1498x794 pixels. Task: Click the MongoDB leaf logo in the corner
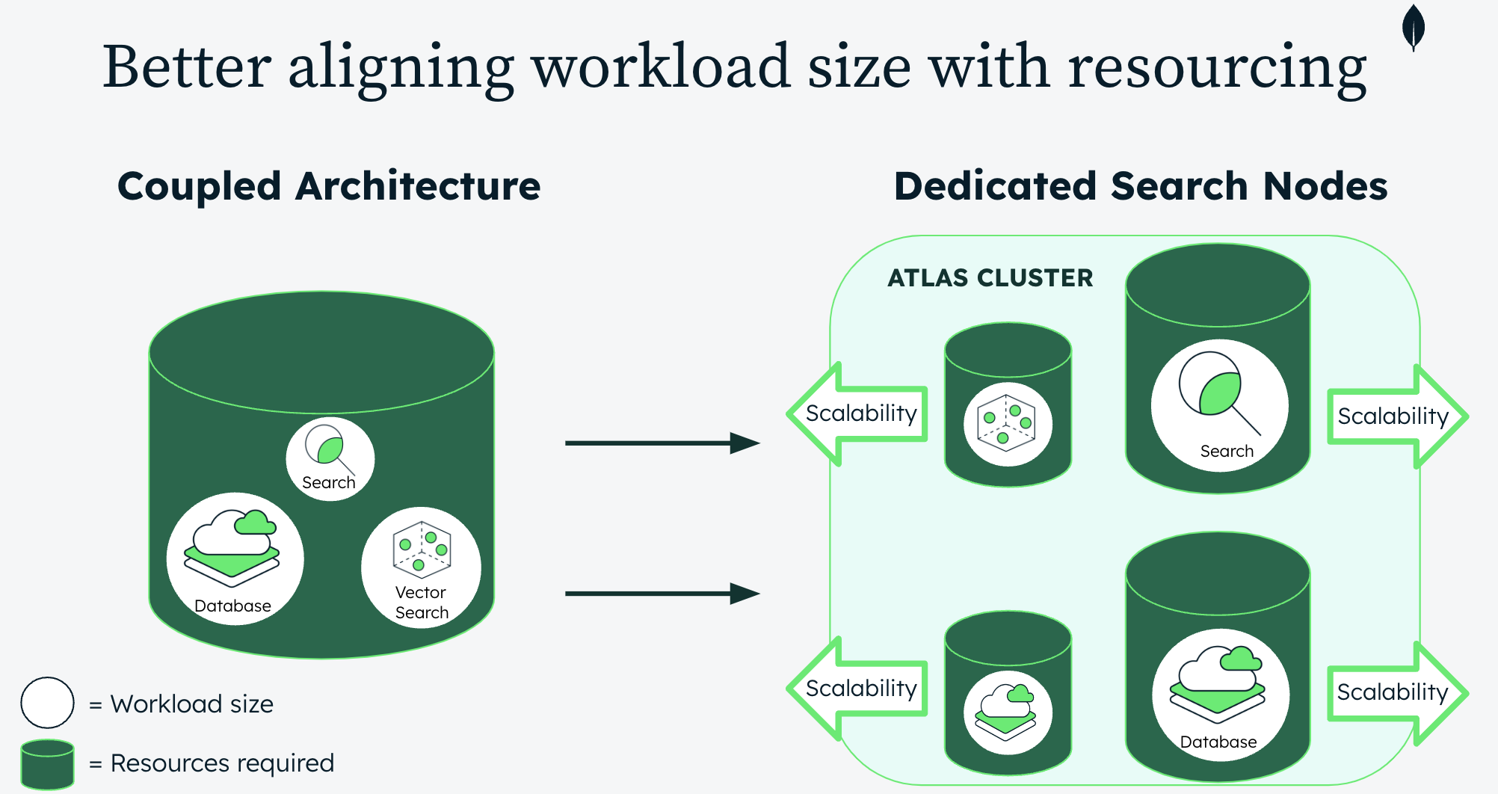[x=1413, y=27]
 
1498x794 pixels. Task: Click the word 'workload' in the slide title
[x=662, y=67]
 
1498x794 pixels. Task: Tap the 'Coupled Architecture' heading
[x=329, y=186]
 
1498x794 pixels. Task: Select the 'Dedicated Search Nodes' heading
[x=1141, y=186]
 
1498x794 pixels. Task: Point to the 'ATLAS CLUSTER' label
[x=990, y=278]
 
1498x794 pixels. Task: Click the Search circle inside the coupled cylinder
[x=330, y=458]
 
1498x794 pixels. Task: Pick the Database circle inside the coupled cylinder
[x=235, y=558]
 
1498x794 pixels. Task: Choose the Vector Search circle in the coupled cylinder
[x=421, y=567]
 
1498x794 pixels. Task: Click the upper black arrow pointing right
[x=662, y=443]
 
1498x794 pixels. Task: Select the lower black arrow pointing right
[x=662, y=594]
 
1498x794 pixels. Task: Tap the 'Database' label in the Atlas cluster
[x=1218, y=742]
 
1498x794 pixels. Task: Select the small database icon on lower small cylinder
[x=1008, y=712]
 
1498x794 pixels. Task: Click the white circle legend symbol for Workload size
[x=47, y=703]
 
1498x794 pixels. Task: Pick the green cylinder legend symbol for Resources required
[x=47, y=763]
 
